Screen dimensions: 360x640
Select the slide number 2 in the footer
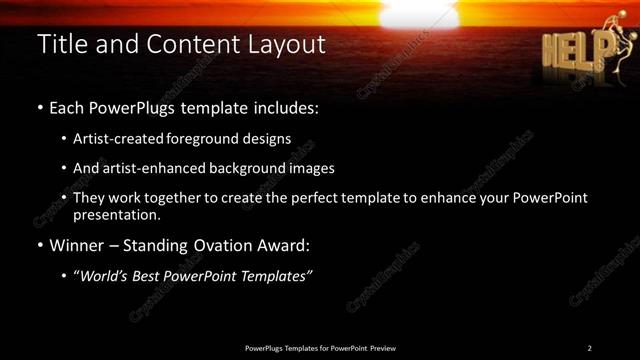click(589, 347)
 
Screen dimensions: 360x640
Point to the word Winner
click(71, 244)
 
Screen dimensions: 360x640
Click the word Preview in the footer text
click(383, 347)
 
